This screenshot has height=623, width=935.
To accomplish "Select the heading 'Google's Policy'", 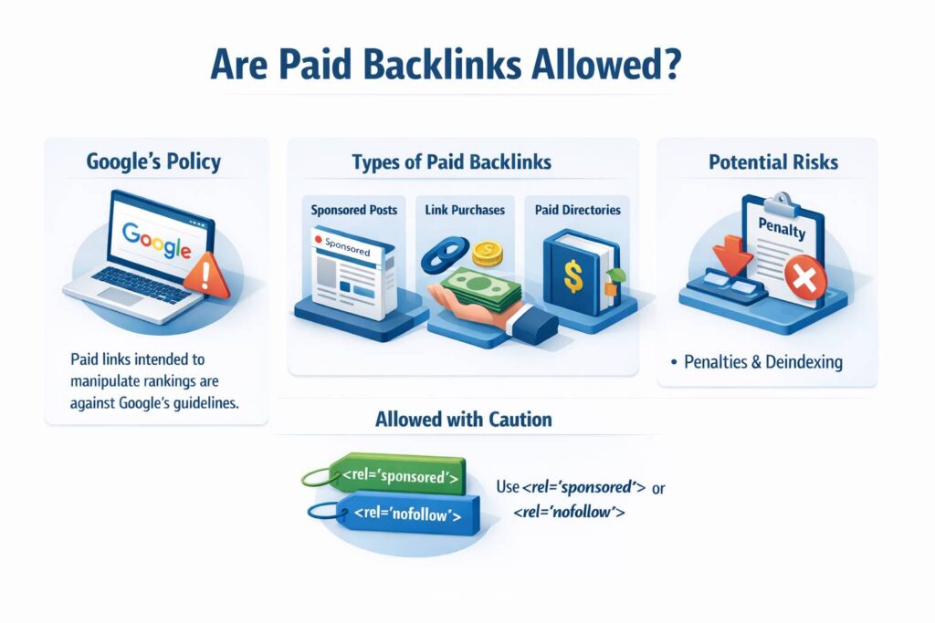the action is (x=153, y=163).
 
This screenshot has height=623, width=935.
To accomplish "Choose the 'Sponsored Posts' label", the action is (x=353, y=210).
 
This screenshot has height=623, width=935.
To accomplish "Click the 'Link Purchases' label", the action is (x=464, y=210).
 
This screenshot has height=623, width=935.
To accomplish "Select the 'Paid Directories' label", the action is (x=578, y=210).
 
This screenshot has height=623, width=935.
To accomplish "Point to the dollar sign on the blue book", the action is (x=573, y=276).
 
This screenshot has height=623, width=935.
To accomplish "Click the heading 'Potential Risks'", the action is (x=773, y=163).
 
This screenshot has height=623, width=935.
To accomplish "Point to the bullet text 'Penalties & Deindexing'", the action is (x=763, y=362).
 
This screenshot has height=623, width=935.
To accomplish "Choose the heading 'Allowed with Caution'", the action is (x=463, y=421).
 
